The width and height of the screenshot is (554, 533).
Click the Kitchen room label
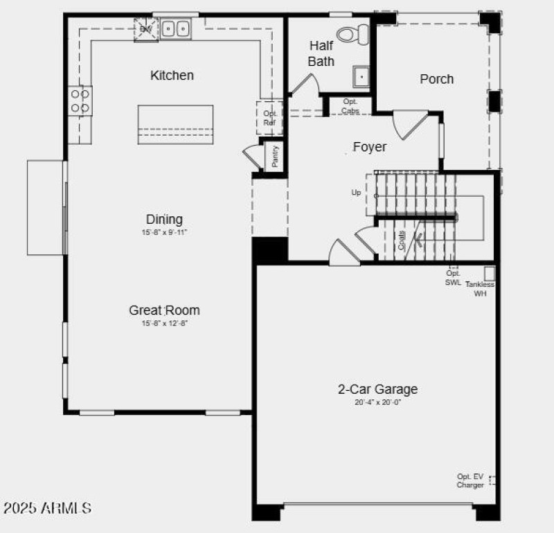(x=172, y=75)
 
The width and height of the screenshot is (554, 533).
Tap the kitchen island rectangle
(x=175, y=125)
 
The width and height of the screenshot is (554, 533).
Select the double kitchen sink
(x=176, y=28)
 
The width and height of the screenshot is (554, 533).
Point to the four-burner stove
(x=80, y=101)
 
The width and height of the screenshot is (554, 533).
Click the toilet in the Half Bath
(x=355, y=32)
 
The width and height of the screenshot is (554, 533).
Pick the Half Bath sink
(x=361, y=76)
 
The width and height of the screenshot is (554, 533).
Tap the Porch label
(x=437, y=79)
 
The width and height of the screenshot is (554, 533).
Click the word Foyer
(x=370, y=147)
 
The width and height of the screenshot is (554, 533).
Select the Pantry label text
(x=275, y=156)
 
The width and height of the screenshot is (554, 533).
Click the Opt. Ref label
(x=270, y=118)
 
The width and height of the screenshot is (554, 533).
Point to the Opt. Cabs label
(x=350, y=106)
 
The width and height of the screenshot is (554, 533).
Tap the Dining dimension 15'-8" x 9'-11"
(x=165, y=233)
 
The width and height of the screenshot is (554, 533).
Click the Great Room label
(x=164, y=310)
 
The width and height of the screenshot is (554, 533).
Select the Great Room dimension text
(x=165, y=323)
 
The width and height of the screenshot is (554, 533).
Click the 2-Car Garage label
(x=377, y=389)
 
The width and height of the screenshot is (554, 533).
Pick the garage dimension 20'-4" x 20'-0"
(x=377, y=402)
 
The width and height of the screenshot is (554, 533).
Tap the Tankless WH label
(x=480, y=289)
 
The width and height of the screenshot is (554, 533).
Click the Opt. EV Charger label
(x=470, y=480)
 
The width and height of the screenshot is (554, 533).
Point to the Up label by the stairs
(x=356, y=193)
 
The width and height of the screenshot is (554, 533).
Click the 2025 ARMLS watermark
(x=47, y=508)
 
